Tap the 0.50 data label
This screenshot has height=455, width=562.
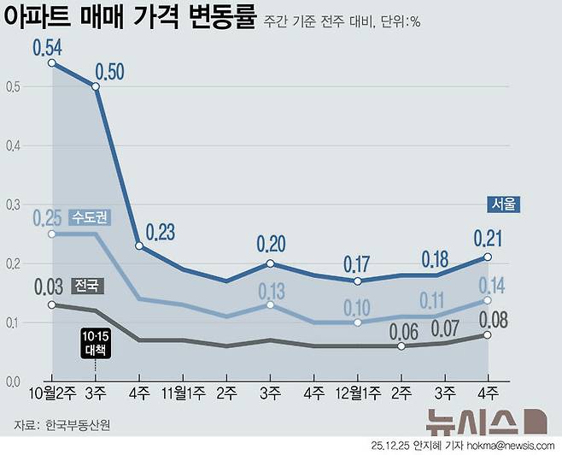coord(113,71)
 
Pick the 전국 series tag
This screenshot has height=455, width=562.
coord(85,285)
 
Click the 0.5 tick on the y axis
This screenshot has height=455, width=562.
coord(12,86)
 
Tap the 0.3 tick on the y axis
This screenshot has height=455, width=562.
coord(12,204)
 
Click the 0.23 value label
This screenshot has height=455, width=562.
coord(160,232)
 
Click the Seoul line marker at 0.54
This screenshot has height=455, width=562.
coord(52,63)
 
